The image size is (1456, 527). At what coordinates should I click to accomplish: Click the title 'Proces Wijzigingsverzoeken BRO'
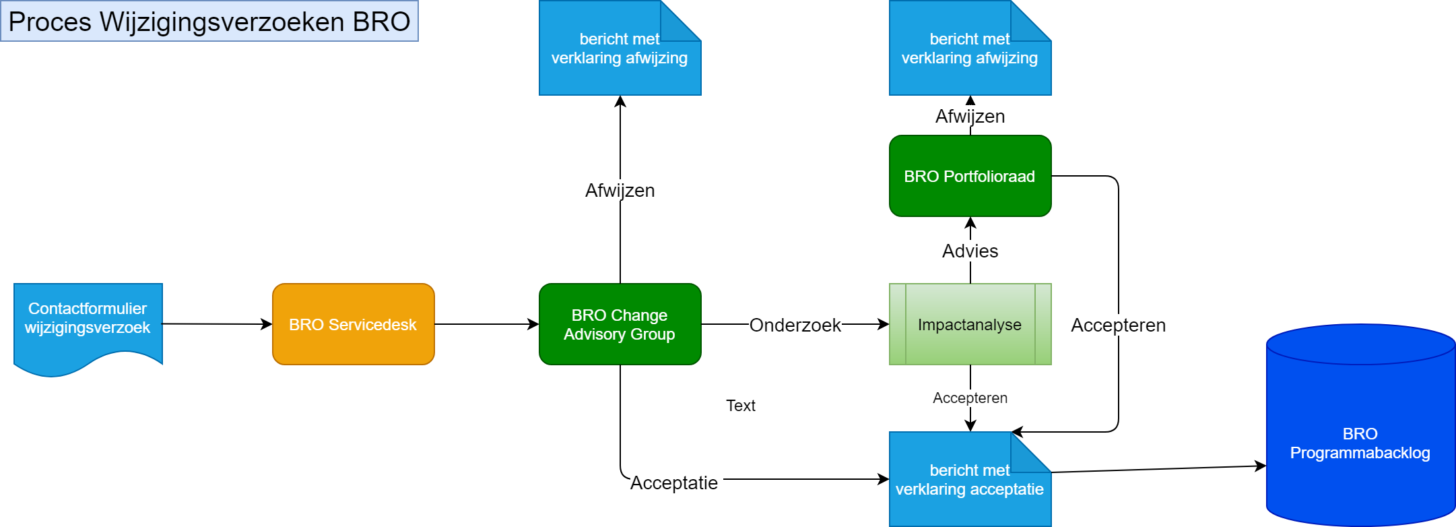click(x=209, y=22)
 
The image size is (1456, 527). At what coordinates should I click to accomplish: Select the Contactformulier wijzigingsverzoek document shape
click(x=88, y=323)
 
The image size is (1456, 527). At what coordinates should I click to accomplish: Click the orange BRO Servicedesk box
click(x=353, y=324)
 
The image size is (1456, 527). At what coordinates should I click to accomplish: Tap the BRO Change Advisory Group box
click(x=620, y=324)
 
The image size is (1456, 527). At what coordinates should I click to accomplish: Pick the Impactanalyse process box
click(x=970, y=324)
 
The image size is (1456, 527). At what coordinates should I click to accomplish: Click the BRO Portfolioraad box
click(x=970, y=176)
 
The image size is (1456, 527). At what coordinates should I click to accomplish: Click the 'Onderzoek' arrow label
click(x=795, y=325)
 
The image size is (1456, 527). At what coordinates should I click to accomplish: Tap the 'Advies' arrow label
click(x=970, y=251)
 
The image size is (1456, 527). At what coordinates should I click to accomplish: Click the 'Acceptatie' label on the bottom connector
click(x=673, y=483)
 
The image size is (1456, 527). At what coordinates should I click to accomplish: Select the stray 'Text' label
click(x=740, y=405)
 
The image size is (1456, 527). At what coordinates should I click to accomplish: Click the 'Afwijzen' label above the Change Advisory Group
click(x=620, y=190)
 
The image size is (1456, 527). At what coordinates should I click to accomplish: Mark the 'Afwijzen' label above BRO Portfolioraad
click(x=970, y=116)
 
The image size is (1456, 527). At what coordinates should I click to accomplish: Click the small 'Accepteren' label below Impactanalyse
click(x=970, y=398)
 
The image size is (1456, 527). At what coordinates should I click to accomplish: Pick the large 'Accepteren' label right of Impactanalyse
click(x=1118, y=325)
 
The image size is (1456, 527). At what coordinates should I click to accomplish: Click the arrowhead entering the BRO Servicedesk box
click(x=267, y=324)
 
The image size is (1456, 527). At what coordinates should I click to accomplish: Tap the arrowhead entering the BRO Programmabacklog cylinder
click(x=1261, y=466)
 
